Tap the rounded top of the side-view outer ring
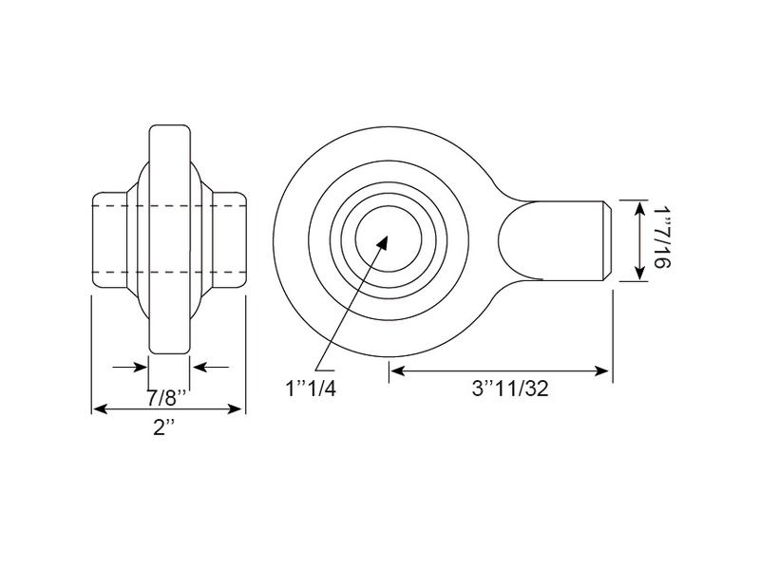170,127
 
